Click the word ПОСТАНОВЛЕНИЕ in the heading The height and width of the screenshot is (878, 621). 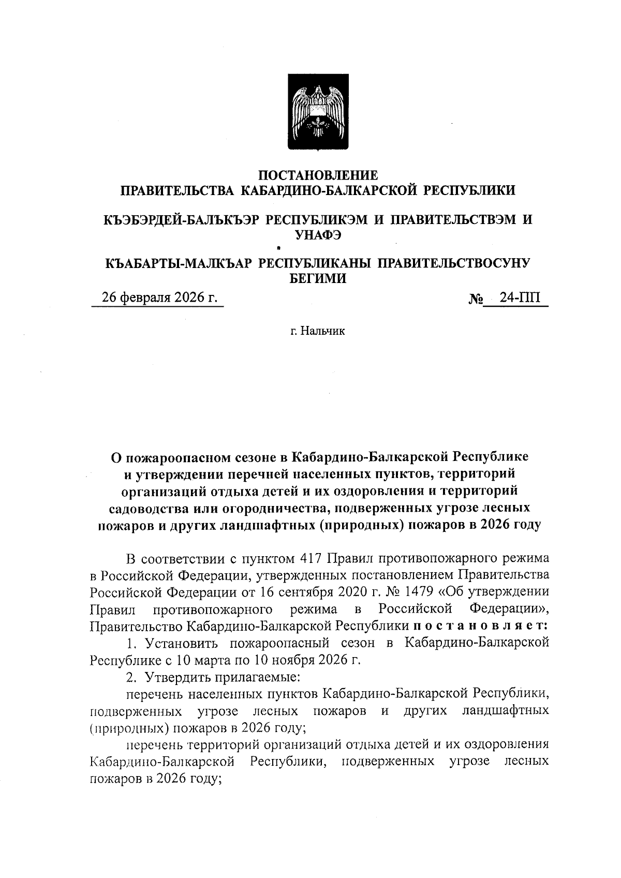(318, 175)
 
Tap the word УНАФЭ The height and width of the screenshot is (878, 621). (318, 235)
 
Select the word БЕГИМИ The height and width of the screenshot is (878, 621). (317, 279)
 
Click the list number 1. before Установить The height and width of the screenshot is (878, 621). (132, 644)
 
